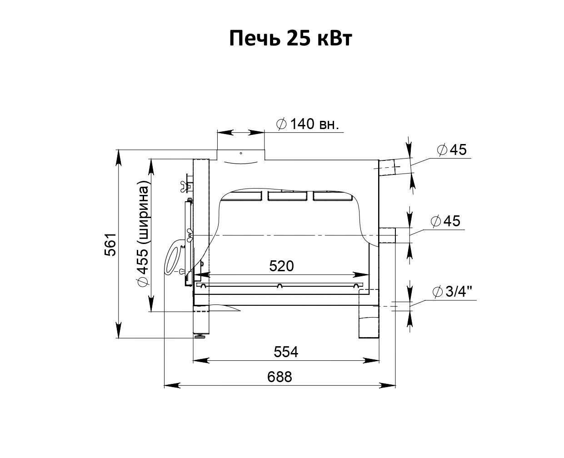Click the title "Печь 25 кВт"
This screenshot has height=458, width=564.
(290, 38)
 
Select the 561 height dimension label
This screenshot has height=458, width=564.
(110, 244)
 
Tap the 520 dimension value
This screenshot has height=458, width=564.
(281, 266)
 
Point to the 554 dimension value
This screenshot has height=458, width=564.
(286, 352)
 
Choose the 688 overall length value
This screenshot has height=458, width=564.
(280, 377)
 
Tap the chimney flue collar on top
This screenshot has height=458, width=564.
(241, 155)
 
